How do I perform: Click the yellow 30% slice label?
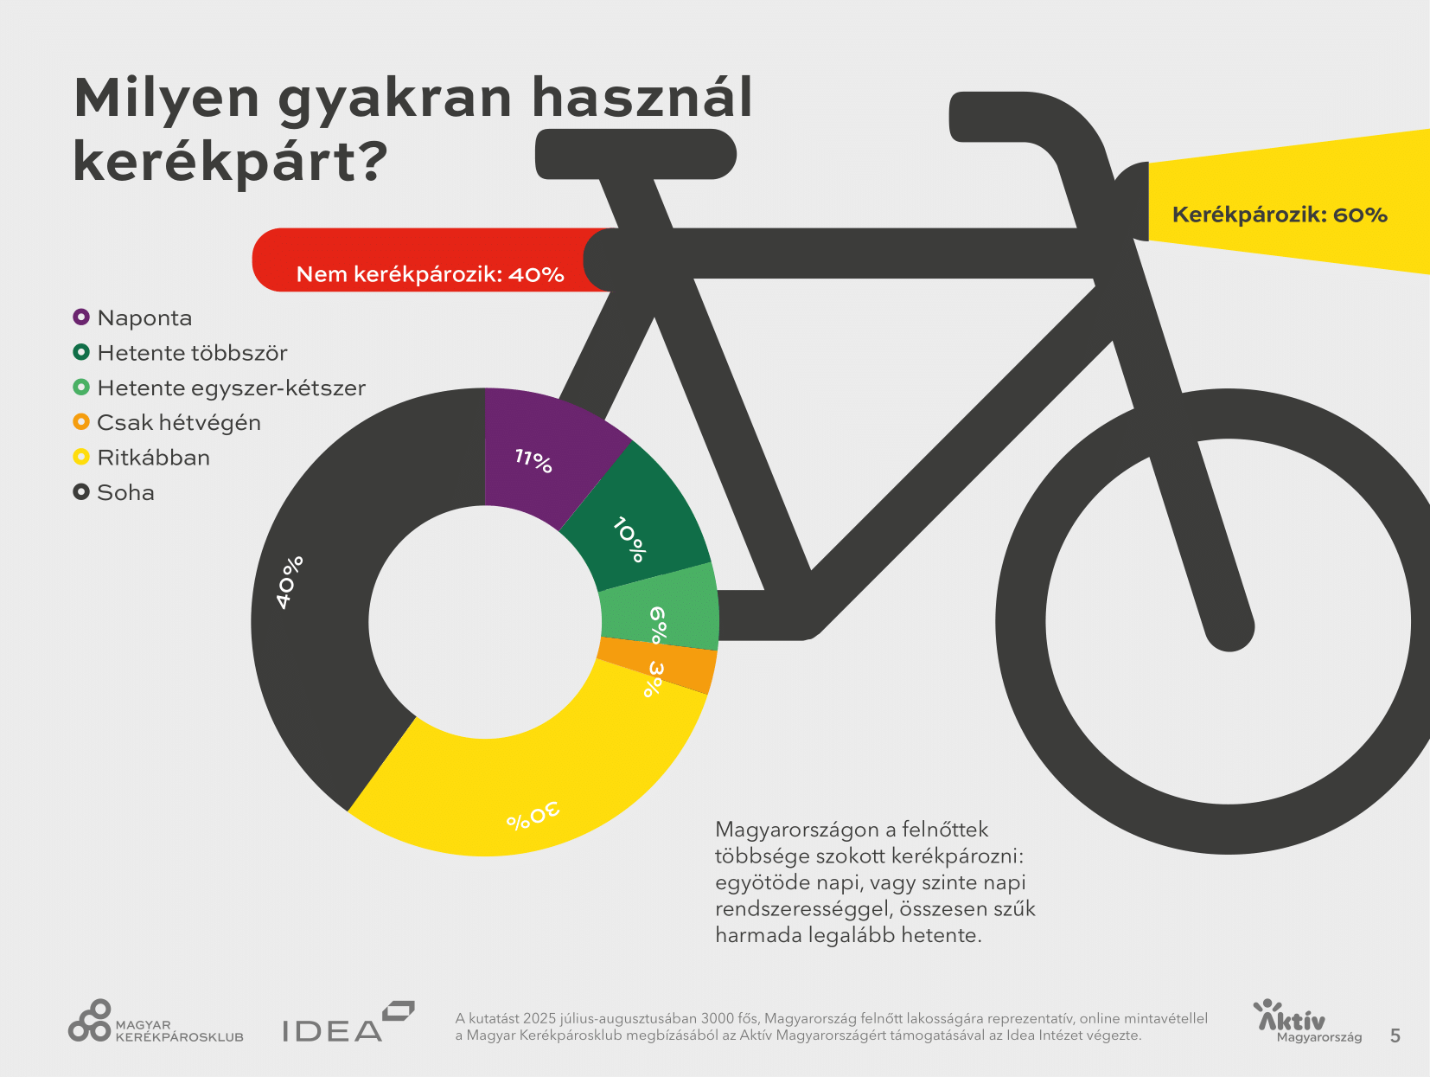coord(533,816)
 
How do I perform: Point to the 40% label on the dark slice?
coord(290,581)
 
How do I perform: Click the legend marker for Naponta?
coord(81,317)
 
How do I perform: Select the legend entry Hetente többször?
coord(191,353)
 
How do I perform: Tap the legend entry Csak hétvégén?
coord(178,423)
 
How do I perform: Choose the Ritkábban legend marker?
coord(81,457)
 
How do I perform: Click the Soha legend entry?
coord(125,492)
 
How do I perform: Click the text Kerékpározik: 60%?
coord(1279,215)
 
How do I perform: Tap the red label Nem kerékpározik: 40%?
coord(430,274)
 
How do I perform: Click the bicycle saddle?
coord(635,154)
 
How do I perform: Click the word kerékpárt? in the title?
coord(230,162)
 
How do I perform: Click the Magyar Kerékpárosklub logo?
coord(156,1023)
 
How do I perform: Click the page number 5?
coord(1395,1035)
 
